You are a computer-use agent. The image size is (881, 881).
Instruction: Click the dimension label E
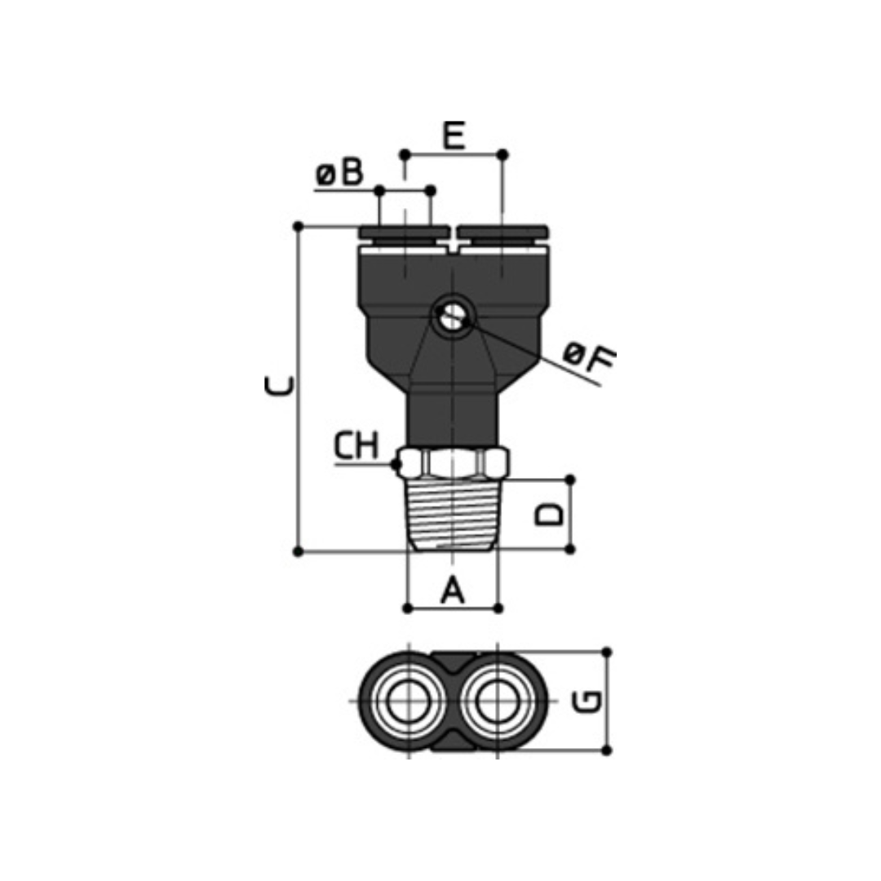click(x=454, y=135)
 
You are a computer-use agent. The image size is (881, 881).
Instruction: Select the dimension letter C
click(x=279, y=386)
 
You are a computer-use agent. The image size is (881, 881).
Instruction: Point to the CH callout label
click(x=356, y=446)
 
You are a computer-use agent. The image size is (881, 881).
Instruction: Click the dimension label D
click(x=549, y=514)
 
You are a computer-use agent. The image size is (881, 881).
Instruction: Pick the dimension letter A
click(x=453, y=590)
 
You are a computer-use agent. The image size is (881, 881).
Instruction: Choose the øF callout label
click(x=590, y=357)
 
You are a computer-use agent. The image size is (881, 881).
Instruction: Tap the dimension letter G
click(x=588, y=702)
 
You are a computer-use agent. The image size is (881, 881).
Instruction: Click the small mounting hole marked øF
click(x=452, y=317)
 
